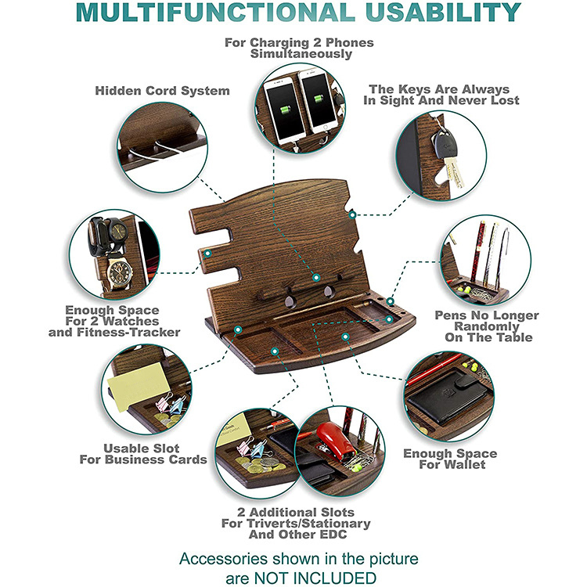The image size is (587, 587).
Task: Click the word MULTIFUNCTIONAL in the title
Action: [x=215, y=12]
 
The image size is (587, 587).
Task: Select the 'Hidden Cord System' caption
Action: [x=162, y=91]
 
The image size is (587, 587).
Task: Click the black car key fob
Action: [x=443, y=144]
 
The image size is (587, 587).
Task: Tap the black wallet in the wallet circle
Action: [x=449, y=398]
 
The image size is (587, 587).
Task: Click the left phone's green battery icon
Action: [x=285, y=110]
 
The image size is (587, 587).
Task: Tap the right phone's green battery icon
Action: [x=319, y=99]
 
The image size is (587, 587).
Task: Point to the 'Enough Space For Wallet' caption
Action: [x=450, y=459]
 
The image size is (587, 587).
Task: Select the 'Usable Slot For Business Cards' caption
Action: [x=143, y=454]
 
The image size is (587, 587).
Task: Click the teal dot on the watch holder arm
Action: [x=207, y=254]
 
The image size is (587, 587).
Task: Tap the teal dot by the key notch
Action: [x=352, y=215]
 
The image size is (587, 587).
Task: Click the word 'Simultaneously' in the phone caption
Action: [x=301, y=54]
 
